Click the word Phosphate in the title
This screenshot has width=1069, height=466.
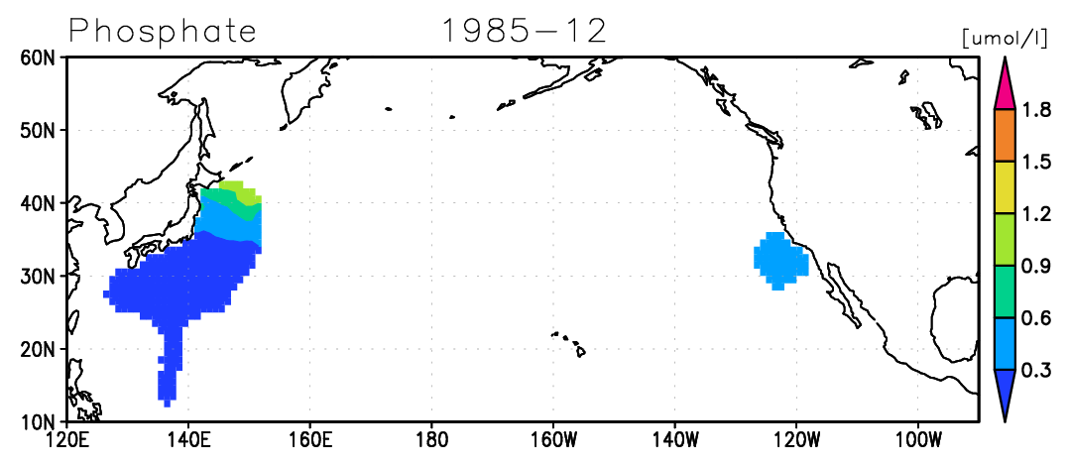point(163,32)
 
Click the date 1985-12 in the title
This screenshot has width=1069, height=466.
point(525,31)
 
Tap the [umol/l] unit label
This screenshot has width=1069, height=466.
point(1004,39)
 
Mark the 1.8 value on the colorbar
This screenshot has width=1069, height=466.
point(1037,110)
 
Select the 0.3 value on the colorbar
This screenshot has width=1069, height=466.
point(1037,371)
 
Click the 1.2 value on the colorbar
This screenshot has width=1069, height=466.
point(1037,214)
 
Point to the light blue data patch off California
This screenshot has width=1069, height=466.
point(780,261)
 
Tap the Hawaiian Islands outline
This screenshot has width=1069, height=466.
point(569,344)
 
